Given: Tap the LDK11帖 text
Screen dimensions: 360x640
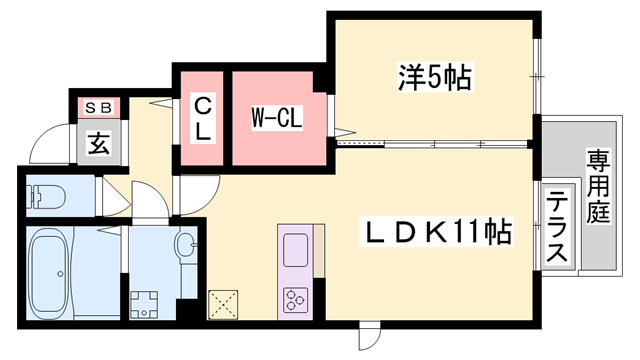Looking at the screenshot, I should [x=437, y=233].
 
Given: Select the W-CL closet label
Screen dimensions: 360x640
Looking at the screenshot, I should [x=277, y=118].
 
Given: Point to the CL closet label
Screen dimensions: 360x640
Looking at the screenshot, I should [x=202, y=118].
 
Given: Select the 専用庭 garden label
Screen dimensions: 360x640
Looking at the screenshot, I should [x=599, y=190].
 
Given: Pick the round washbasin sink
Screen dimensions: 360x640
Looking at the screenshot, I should [x=185, y=245].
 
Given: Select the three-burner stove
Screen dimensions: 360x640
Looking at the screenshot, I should [x=298, y=299].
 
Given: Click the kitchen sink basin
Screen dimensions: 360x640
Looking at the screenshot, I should [x=298, y=248].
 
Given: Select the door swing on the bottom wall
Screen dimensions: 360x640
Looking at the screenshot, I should [x=370, y=338].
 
